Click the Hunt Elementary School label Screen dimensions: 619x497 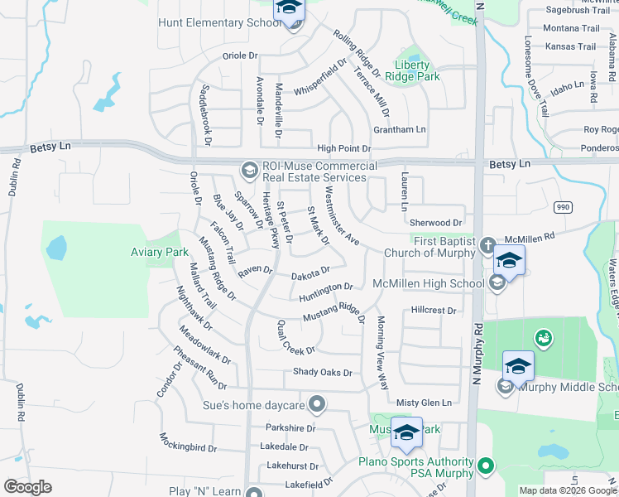219,22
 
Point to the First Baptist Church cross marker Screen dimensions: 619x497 487,245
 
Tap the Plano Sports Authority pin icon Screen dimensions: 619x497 486,467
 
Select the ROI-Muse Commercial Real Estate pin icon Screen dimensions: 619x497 249,171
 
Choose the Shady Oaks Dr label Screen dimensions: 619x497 323,373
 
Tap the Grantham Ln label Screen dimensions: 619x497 399,130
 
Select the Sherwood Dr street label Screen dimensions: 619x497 435,223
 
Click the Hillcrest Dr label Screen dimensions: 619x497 434,311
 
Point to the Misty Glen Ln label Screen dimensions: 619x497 424,403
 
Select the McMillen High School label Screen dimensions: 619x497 428,284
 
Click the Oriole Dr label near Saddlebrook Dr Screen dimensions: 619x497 240,55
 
